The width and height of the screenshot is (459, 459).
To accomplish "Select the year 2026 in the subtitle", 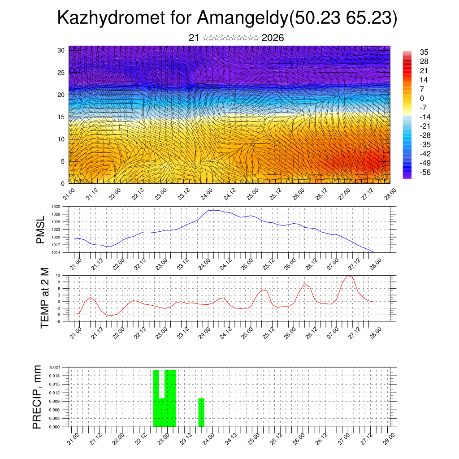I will pos(272,38).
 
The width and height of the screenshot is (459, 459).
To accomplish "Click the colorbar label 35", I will pos(424,52).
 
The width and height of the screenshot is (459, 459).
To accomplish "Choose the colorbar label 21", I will pos(424,71).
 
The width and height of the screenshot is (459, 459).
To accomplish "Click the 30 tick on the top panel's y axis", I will pos(61,50).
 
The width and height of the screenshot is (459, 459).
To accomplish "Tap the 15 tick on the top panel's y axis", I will pos(61,117).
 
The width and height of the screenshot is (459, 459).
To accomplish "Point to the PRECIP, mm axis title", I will pos(38,397).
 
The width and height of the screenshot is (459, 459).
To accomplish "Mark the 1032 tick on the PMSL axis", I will pos(55,207).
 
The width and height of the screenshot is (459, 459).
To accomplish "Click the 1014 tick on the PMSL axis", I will pos(55,252).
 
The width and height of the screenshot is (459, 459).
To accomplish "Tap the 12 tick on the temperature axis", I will pos(58,275).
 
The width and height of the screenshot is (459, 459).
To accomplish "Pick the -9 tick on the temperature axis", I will pos(58,321).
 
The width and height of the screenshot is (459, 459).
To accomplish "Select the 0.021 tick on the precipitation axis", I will pos(55,367).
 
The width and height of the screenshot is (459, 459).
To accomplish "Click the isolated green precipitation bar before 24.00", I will pos(201,412).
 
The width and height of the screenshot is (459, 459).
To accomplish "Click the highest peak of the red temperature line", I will pos(348,276).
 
